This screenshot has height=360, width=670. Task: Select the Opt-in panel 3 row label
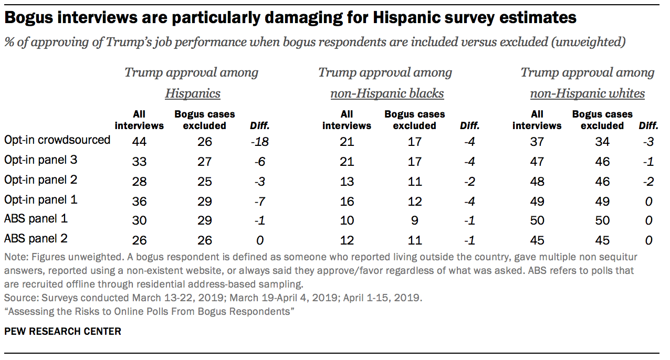[40, 160]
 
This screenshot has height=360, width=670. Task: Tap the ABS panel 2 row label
[36, 238]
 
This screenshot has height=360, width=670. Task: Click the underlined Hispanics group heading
[193, 94]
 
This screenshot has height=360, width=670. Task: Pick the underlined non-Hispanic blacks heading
[387, 94]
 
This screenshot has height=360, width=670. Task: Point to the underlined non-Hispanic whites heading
[588, 94]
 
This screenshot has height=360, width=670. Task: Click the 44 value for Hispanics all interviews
[139, 142]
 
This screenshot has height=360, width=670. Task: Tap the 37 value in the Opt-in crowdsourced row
[537, 142]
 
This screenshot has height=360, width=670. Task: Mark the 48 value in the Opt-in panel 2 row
[537, 181]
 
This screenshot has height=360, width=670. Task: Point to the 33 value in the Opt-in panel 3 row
[139, 161]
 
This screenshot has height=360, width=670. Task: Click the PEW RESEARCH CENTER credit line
[62, 331]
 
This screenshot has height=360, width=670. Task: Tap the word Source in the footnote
[17, 298]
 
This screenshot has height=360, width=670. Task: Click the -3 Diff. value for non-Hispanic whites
[648, 142]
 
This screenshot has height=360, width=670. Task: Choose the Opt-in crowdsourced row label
[57, 140]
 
